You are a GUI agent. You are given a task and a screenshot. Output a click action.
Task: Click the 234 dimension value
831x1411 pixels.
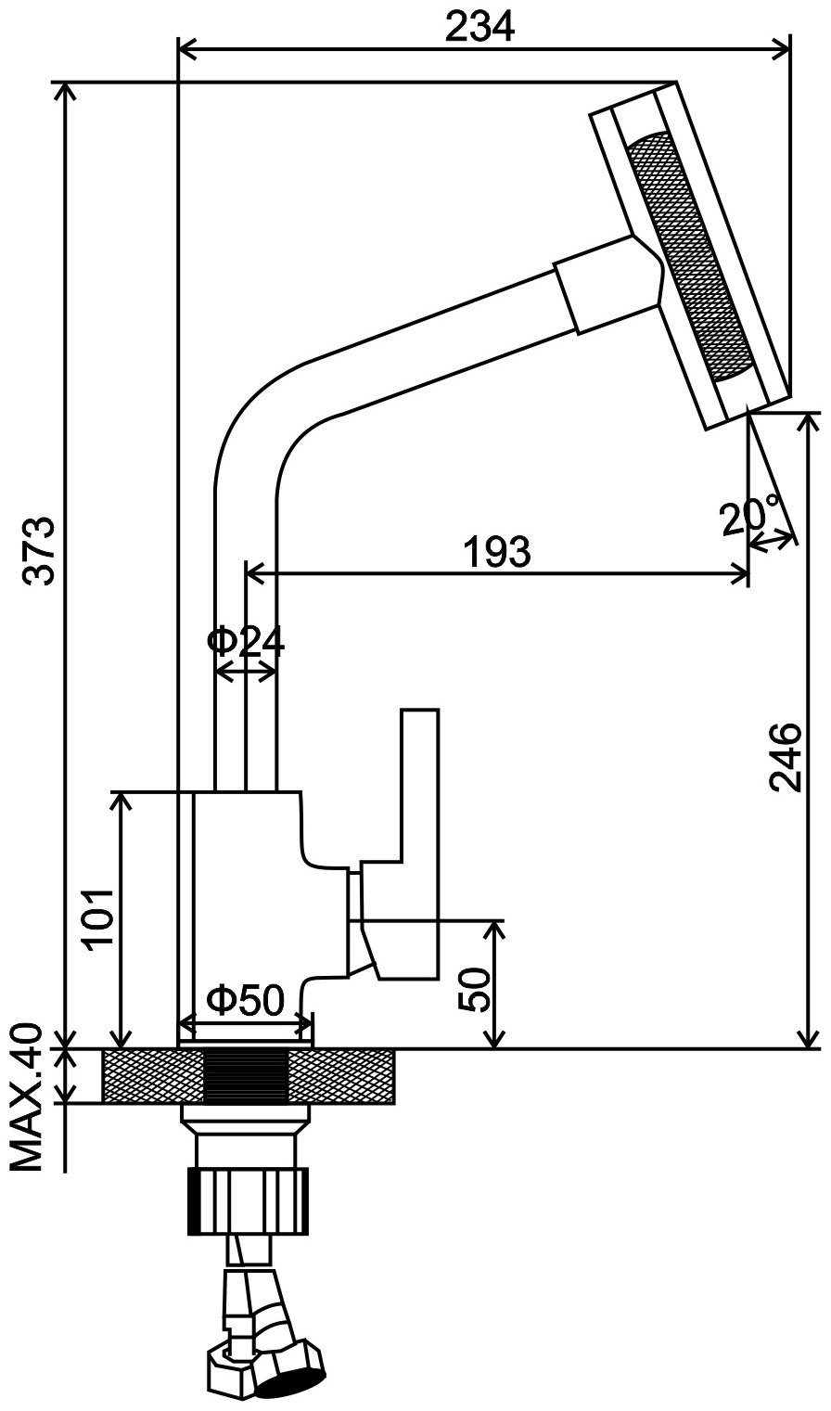pos(479,27)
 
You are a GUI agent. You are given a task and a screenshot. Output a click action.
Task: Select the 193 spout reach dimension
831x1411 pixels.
pos(497,552)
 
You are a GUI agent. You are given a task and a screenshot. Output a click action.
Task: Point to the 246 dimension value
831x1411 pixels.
pos(785,756)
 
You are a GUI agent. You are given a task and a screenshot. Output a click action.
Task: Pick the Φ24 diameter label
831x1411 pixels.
pos(246,641)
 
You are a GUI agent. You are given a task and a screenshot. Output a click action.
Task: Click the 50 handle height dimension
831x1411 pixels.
pos(476,989)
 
